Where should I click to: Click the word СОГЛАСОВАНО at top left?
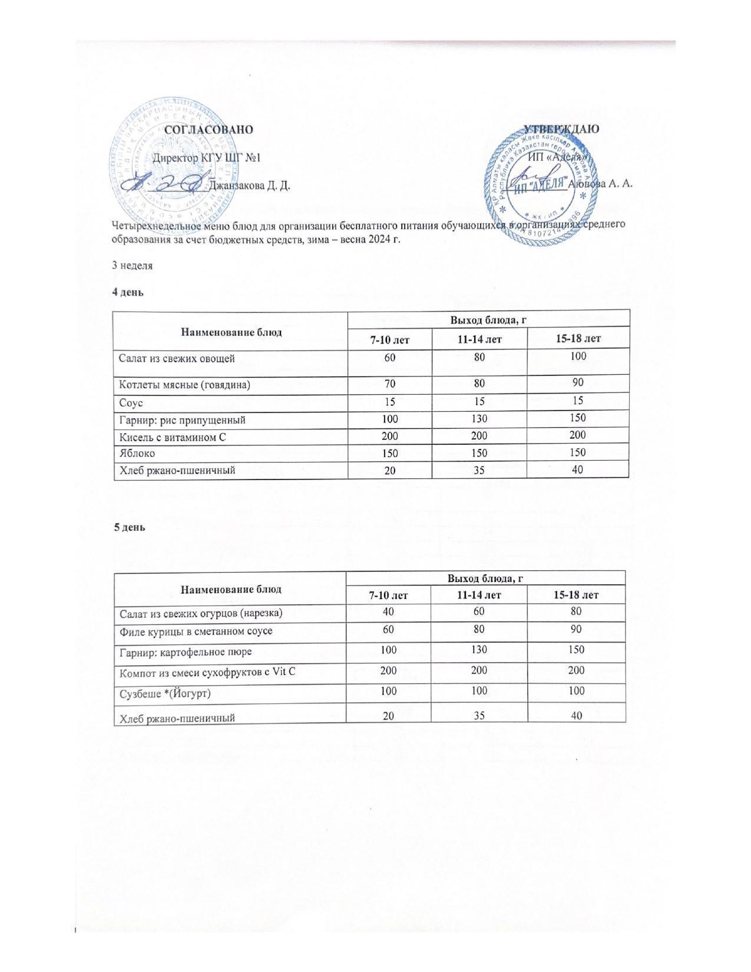(x=209, y=130)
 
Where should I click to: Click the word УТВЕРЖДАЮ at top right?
(x=561, y=129)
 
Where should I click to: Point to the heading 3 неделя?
(x=133, y=266)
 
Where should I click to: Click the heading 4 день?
(x=128, y=292)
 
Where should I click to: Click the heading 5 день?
(x=129, y=527)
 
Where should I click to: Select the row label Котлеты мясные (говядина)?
(x=184, y=385)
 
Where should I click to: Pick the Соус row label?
(x=131, y=403)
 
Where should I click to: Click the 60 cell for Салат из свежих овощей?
(x=390, y=358)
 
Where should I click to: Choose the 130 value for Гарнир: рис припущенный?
(x=479, y=419)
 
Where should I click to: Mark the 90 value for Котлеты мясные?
(x=578, y=383)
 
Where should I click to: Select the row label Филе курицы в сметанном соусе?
(x=196, y=631)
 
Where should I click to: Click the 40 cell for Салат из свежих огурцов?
(x=388, y=612)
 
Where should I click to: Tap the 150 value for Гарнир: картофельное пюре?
(x=576, y=650)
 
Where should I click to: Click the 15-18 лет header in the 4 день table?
(x=578, y=339)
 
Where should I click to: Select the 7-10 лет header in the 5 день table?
(x=388, y=596)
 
